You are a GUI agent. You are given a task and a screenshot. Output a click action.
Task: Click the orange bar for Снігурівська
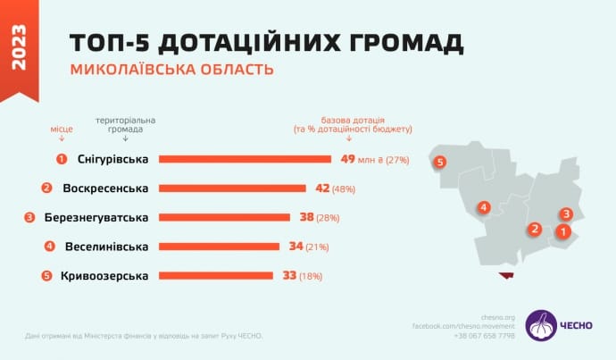pos(245,159)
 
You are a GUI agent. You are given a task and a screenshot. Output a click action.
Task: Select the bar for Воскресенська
pos(231,188)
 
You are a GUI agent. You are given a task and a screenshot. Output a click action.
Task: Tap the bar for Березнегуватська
pos(224,217)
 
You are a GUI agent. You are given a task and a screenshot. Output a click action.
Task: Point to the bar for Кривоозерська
pos(215,275)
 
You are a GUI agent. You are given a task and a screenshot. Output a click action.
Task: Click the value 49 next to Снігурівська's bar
pos(347,159)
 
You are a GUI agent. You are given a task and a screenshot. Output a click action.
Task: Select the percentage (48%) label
pos(345,189)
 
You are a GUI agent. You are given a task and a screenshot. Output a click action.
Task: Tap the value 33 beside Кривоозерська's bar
pos(289,275)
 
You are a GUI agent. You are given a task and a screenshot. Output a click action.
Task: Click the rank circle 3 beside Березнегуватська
pos(29,217)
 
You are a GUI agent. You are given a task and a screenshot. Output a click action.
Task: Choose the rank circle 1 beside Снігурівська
pos(62,159)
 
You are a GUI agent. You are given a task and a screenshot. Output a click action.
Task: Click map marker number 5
pos(440,163)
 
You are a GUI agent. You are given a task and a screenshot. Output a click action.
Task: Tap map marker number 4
pos(483,207)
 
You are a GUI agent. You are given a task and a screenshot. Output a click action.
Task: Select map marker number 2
pos(535,229)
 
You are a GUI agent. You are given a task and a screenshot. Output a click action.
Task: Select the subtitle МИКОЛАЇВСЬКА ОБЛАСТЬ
pos(171,69)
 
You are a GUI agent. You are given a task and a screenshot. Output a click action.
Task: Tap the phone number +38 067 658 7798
pos(484,336)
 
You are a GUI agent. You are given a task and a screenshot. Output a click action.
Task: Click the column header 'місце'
pos(62,129)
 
